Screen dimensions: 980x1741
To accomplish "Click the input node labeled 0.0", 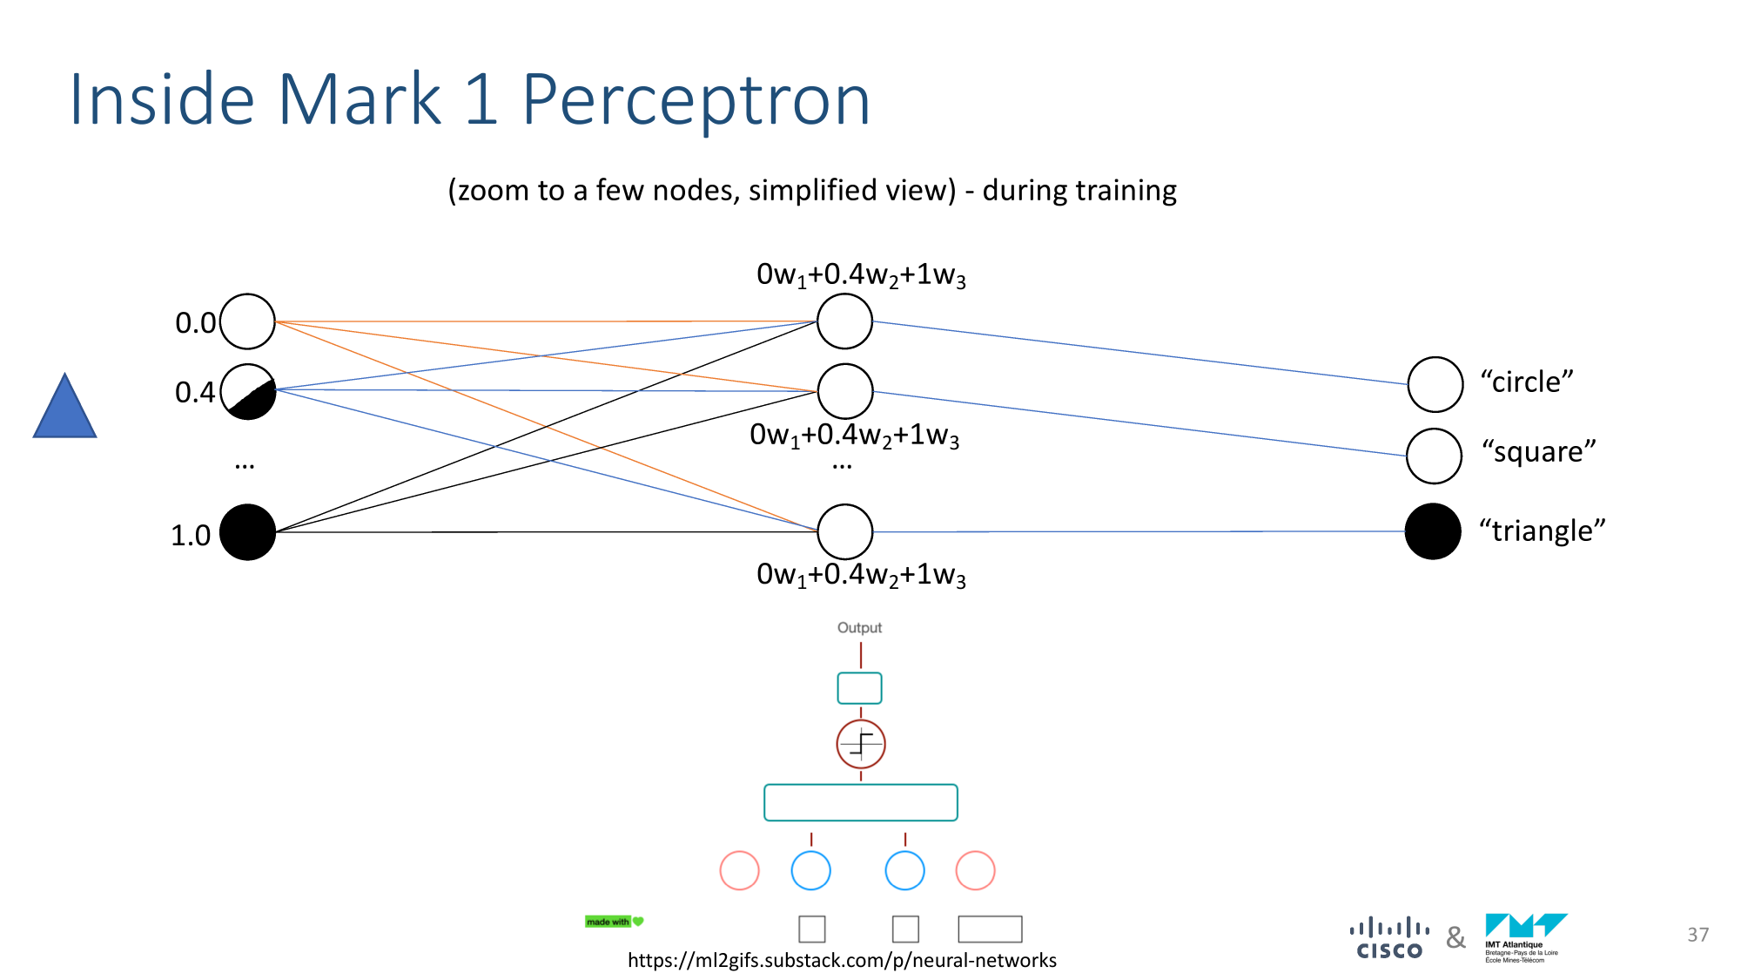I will (x=248, y=321).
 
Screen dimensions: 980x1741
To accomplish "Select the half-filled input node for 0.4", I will (x=248, y=391).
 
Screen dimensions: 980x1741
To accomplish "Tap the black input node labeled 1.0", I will (x=248, y=532).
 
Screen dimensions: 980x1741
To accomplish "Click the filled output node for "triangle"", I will (x=1433, y=531).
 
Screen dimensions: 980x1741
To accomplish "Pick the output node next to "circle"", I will (x=1435, y=384).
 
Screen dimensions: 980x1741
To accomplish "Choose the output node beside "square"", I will (x=1434, y=456).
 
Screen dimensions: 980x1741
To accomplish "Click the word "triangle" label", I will (x=1542, y=531).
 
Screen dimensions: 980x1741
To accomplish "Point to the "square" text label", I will (x=1539, y=452).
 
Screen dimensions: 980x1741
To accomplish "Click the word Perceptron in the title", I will (x=696, y=100).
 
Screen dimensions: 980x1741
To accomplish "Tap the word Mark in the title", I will (x=360, y=100).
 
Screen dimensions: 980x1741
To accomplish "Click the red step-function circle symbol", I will (x=861, y=744).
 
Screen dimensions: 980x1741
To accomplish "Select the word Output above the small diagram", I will (x=859, y=628).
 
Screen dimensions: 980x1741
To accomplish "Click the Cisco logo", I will (x=1389, y=939).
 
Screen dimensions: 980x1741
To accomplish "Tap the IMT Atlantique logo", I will (x=1524, y=937).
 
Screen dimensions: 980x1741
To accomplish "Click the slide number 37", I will (x=1697, y=935).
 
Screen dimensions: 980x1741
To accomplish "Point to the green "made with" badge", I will (x=614, y=922).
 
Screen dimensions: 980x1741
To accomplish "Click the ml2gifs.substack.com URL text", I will (x=842, y=960).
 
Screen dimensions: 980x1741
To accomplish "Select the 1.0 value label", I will (x=191, y=535).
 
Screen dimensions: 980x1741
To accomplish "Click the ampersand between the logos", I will (x=1455, y=938).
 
